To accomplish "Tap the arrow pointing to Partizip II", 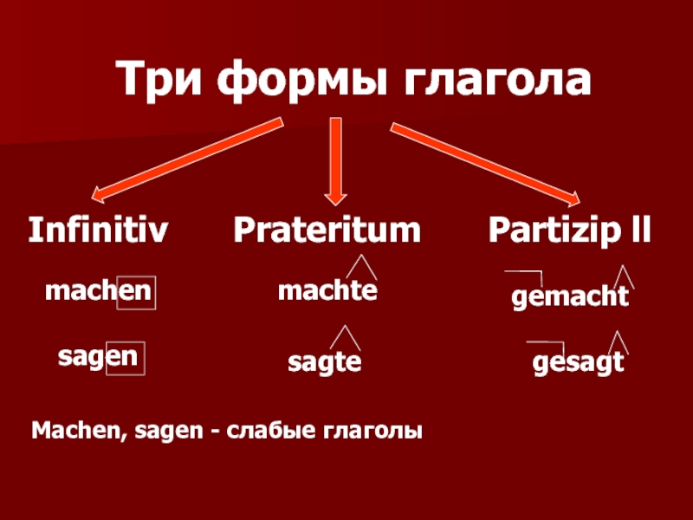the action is click(485, 159).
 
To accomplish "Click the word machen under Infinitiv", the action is click(99, 291).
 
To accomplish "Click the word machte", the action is click(327, 291).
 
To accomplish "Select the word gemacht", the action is click(569, 298).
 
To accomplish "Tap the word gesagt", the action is click(577, 362).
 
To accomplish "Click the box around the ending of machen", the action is click(137, 293).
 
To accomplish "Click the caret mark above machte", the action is click(359, 265).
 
